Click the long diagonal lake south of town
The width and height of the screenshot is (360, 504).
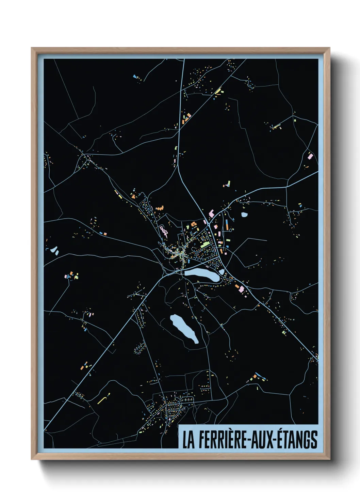click(x=184, y=328)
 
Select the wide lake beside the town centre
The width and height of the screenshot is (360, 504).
click(x=202, y=274)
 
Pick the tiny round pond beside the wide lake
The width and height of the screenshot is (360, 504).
click(x=222, y=272)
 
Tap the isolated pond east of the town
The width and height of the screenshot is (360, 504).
click(x=244, y=215)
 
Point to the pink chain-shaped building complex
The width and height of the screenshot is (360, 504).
click(x=164, y=231)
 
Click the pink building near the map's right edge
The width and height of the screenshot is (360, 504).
click(x=310, y=156)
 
